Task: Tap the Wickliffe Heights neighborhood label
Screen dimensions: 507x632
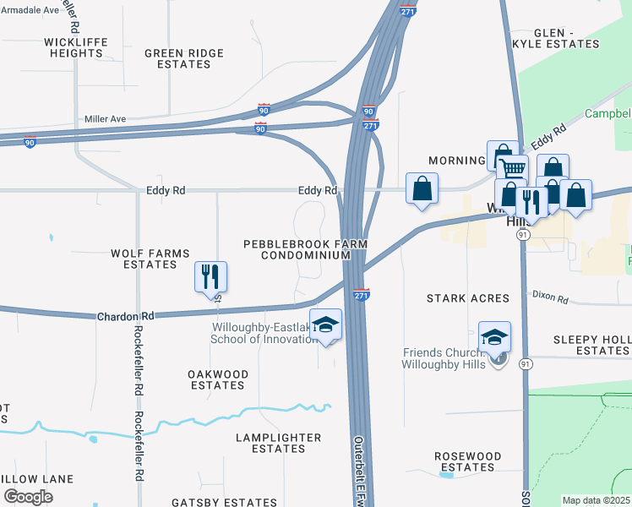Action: click(x=74, y=46)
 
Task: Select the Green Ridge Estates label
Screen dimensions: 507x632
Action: click(x=183, y=58)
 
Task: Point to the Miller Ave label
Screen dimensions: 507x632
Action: click(x=105, y=119)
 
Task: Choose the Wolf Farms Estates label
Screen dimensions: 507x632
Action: click(x=150, y=259)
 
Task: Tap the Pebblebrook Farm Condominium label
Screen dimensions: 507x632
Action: click(x=305, y=249)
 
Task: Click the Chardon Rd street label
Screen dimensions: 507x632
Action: click(x=124, y=315)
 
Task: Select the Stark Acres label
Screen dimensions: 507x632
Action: click(x=467, y=298)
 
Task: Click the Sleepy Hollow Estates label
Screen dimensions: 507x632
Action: click(x=591, y=345)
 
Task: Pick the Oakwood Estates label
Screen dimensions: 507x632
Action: click(x=217, y=379)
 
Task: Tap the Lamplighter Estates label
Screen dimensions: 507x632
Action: click(x=278, y=443)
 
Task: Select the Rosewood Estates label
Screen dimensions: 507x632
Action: click(x=467, y=461)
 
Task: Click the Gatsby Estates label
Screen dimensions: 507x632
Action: click(x=220, y=502)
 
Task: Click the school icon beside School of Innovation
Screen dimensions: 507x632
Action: click(x=325, y=324)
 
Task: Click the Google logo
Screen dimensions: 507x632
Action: click(x=28, y=496)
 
